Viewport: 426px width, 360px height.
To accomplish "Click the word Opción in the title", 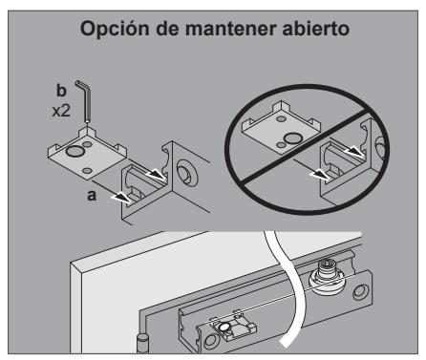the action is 115,29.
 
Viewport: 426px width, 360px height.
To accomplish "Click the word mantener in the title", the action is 231,29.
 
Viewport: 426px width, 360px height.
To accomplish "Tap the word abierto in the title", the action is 316,29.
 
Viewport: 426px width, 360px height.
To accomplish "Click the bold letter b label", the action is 61,91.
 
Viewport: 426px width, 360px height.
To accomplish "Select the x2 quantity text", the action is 61,111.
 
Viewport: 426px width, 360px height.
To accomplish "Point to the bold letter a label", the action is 92,196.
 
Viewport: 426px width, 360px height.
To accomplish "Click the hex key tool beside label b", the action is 85,101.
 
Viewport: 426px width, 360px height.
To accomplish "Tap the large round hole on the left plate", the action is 75,151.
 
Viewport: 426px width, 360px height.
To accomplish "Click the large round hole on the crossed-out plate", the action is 293,138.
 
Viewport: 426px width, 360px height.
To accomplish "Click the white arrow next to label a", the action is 120,198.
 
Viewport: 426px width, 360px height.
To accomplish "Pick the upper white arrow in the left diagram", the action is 156,175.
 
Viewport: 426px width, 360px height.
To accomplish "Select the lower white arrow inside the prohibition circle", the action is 320,175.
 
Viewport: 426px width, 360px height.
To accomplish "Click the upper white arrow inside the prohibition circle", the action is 353,151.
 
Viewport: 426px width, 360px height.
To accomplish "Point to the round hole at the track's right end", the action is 361,292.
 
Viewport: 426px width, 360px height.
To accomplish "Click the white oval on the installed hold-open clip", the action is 224,327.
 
